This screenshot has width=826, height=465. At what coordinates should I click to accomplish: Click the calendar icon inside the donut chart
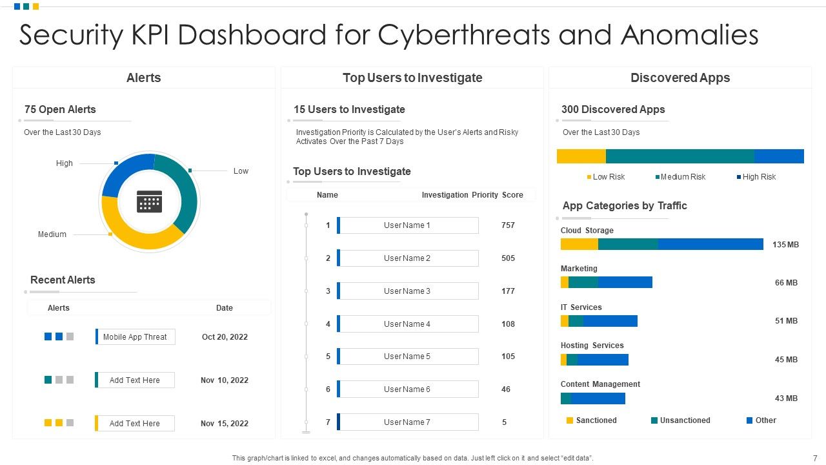(x=149, y=201)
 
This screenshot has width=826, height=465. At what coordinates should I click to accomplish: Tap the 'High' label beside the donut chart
(x=65, y=163)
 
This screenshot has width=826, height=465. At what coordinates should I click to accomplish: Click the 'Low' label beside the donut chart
(x=241, y=171)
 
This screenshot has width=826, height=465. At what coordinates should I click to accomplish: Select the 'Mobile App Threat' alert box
(x=136, y=336)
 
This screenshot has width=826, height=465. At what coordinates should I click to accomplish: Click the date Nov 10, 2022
(x=224, y=380)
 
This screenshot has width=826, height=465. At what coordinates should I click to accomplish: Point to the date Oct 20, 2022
(x=225, y=336)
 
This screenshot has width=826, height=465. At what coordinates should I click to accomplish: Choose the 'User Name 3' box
(x=407, y=291)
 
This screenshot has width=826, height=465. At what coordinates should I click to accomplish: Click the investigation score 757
(x=508, y=225)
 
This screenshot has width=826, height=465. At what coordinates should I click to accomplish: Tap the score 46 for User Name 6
(x=506, y=389)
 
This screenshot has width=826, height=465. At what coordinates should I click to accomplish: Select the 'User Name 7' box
(x=407, y=422)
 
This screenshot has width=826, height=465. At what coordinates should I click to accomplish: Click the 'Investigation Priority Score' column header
(x=472, y=195)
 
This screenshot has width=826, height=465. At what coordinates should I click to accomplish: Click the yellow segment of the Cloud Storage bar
(x=579, y=244)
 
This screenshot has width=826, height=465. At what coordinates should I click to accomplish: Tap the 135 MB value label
(x=785, y=245)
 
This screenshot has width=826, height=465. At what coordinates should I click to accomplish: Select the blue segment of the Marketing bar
(x=625, y=282)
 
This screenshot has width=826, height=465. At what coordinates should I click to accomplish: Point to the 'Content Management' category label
(x=600, y=384)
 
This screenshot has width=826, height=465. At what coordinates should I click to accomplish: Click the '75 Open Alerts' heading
(x=60, y=110)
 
